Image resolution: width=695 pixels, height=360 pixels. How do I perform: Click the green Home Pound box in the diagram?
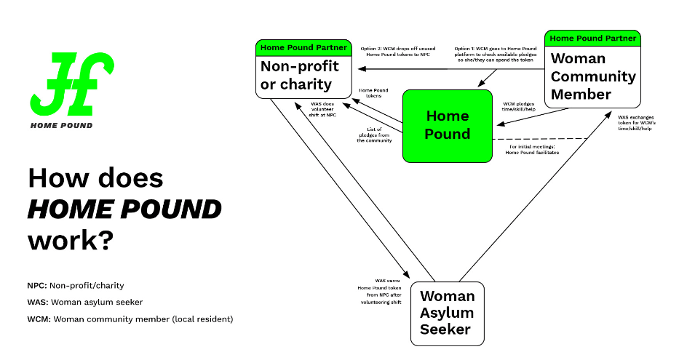[448, 125]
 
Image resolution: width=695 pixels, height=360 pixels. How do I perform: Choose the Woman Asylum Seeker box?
[447, 313]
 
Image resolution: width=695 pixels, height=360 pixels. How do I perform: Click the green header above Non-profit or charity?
[304, 48]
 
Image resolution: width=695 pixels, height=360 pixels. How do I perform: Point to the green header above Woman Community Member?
[592, 38]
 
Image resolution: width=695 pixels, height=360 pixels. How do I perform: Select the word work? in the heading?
[70, 240]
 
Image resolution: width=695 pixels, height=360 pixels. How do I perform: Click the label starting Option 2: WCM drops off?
[394, 52]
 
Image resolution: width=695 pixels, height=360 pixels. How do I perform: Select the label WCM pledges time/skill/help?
[519, 108]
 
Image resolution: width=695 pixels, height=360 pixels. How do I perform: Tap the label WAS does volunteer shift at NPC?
[323, 110]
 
